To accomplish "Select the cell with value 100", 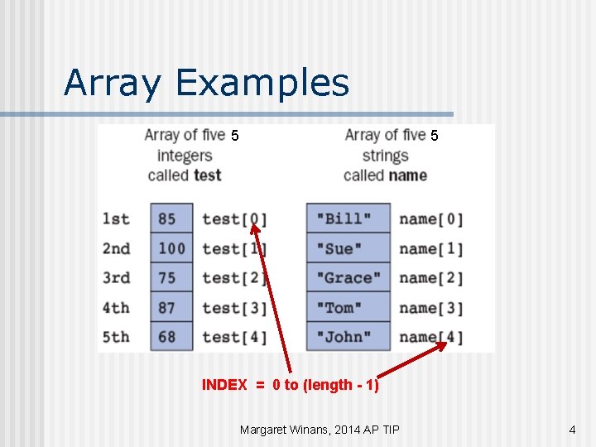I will [x=171, y=248].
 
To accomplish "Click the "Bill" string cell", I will [x=348, y=219].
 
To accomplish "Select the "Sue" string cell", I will [x=348, y=248].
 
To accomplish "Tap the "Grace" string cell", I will [x=348, y=278].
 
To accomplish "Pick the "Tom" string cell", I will [x=348, y=308].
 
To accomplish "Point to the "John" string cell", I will [x=348, y=337].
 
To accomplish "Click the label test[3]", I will [x=234, y=308].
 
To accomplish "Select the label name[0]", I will [x=430, y=219].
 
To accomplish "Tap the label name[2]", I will [x=430, y=278].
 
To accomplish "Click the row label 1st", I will [x=116, y=219].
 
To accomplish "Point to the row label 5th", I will [x=116, y=337].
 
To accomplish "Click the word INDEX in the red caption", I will [x=224, y=385].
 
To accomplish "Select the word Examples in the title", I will [x=263, y=83].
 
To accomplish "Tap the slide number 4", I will [x=572, y=430].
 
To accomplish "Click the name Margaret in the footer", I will [x=267, y=430].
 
